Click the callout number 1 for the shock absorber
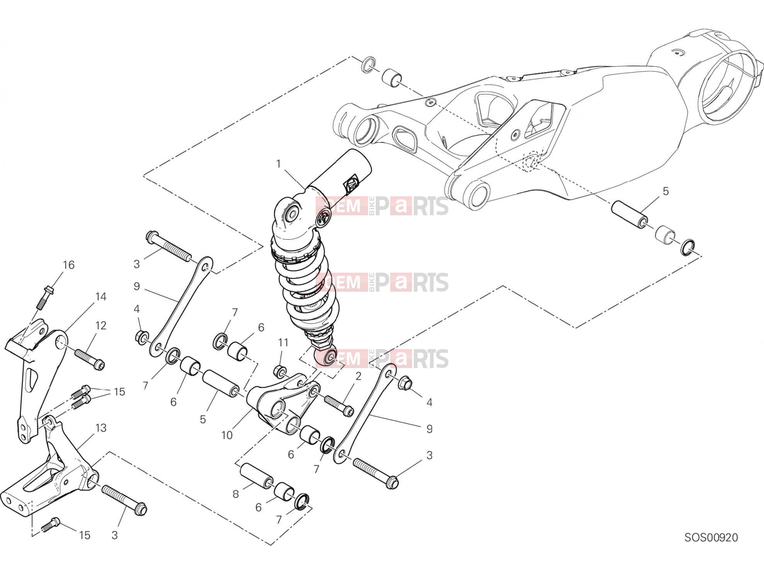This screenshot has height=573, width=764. (278, 164)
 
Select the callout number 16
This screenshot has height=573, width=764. (69, 265)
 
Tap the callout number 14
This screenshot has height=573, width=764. (101, 297)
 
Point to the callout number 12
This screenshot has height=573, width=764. (101, 325)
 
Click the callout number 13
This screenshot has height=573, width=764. (101, 427)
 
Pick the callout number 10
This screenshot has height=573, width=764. (227, 435)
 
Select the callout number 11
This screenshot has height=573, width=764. (283, 343)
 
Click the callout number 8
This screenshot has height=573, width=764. (235, 494)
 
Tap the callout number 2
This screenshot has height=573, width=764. (358, 376)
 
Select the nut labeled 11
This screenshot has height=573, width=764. (281, 371)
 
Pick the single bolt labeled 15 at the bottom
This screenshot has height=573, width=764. (52, 525)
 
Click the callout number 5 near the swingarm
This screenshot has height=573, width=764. (666, 191)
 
